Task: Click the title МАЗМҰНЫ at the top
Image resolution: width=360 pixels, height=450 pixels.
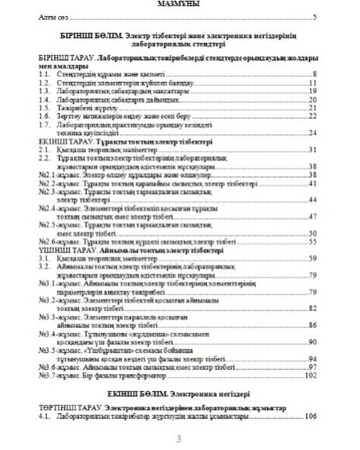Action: click(180, 4)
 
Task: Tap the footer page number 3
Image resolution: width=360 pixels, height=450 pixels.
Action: click(179, 438)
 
